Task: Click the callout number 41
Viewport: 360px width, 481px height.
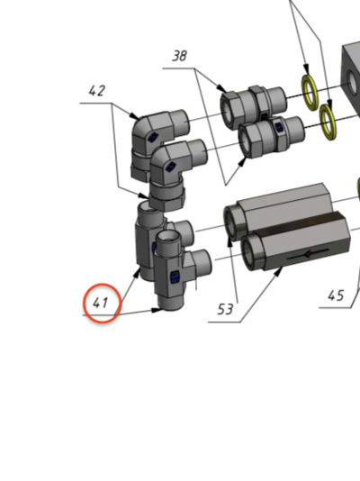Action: point(100,303)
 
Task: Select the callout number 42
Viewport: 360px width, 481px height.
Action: point(97,91)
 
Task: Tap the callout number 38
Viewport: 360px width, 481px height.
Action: point(179,56)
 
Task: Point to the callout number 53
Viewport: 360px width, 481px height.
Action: point(225,309)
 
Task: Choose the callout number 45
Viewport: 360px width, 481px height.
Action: point(336,295)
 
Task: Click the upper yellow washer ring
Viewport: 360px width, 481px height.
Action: point(310,93)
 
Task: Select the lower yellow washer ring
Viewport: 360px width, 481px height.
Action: point(328,123)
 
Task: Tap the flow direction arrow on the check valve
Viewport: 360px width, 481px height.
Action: point(308,254)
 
